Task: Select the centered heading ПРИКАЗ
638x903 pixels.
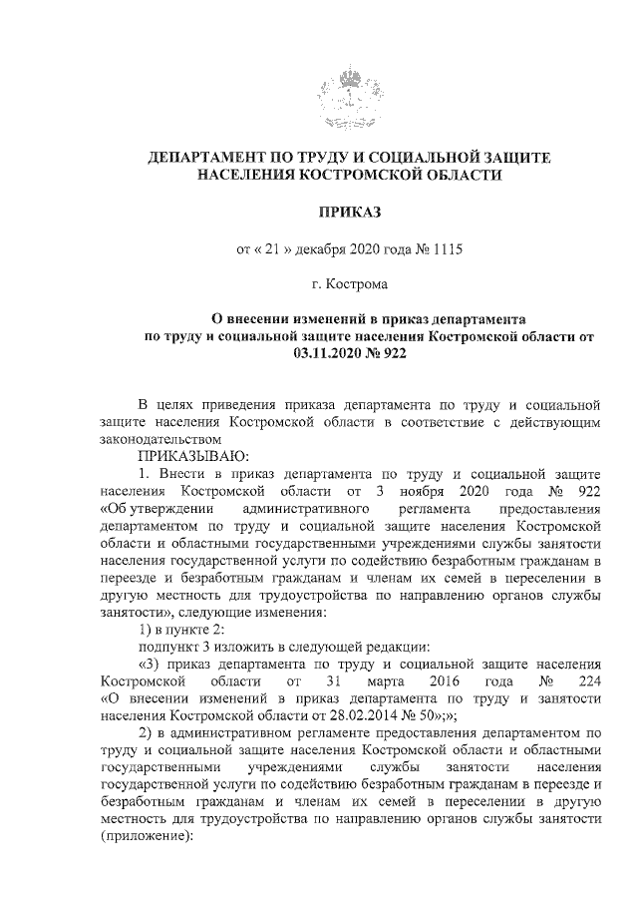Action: [349, 212]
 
